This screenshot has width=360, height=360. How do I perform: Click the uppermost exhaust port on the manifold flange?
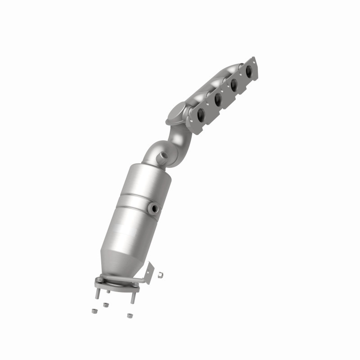point(248,70)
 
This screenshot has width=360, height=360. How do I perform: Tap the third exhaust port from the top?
point(217,99)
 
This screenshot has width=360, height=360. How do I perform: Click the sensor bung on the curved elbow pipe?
point(163,155)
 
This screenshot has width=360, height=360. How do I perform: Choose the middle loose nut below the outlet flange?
point(106,305)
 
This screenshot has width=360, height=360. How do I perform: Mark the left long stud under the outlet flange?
point(97,293)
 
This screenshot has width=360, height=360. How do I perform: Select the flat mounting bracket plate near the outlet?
point(149,273)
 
